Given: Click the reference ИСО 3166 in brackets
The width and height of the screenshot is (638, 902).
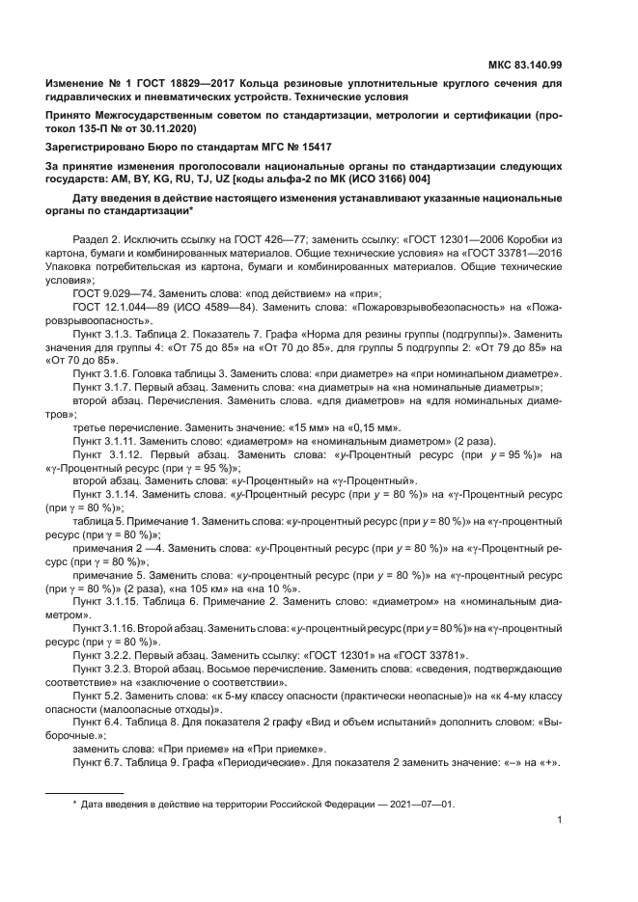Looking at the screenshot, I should pos(353,178).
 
